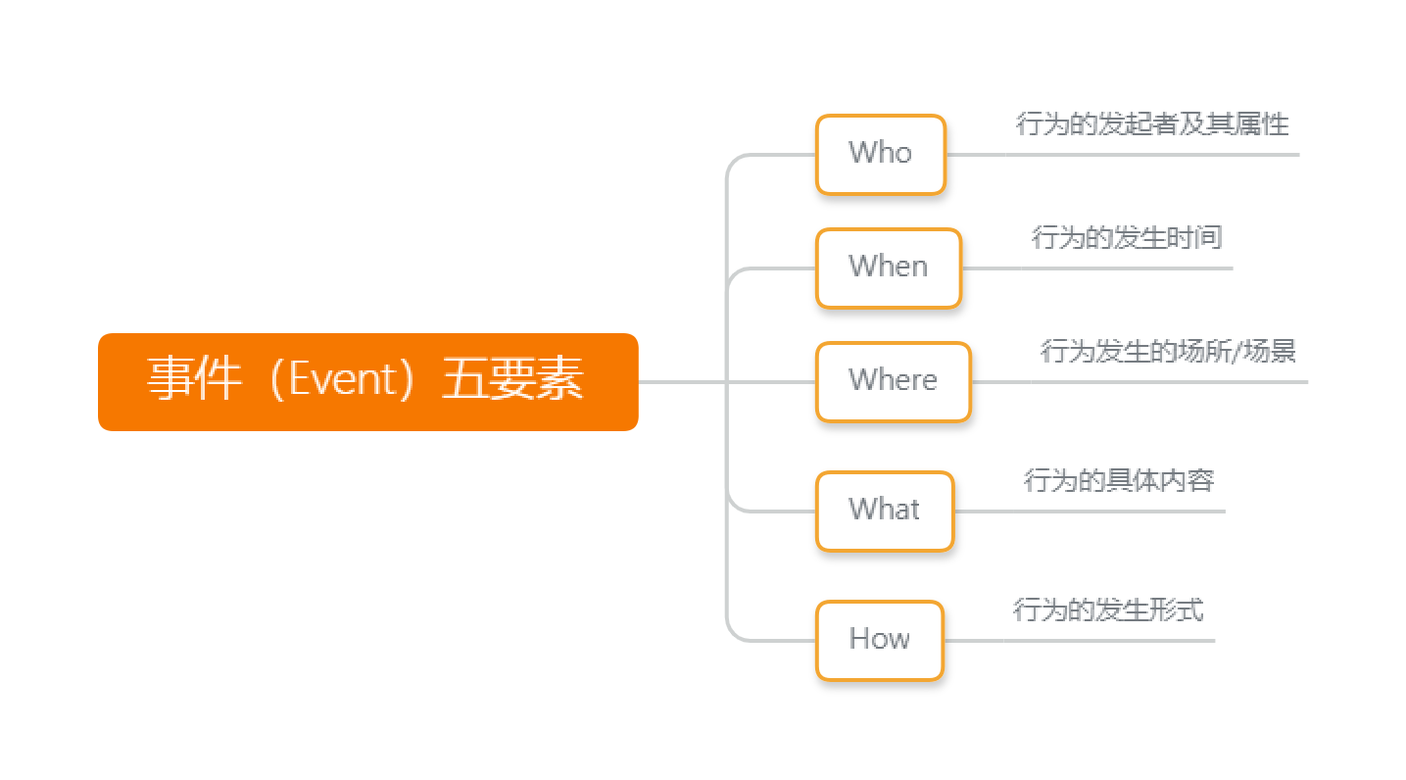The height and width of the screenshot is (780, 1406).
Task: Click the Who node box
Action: click(x=880, y=154)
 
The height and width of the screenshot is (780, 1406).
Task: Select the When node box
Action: click(x=888, y=268)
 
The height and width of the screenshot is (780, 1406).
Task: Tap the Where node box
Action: click(x=893, y=381)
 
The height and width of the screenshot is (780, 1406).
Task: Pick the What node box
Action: click(x=884, y=511)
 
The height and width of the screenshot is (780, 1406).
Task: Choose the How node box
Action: click(x=879, y=640)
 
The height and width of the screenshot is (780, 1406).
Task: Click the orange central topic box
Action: click(x=367, y=381)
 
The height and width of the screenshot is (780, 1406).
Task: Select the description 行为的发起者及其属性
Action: click(x=1152, y=124)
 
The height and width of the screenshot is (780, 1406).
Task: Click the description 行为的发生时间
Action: click(x=1127, y=238)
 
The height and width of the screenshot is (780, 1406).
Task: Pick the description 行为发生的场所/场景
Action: click(x=1168, y=351)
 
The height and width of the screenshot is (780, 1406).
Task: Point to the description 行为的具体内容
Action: click(x=1119, y=481)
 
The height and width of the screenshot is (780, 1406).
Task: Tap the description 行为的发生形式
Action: click(x=1108, y=610)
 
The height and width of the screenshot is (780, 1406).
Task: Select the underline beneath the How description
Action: click(x=1078, y=641)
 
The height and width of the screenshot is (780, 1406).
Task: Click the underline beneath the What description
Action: click(x=1089, y=512)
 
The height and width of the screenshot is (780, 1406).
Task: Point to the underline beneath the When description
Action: click(x=1096, y=268)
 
